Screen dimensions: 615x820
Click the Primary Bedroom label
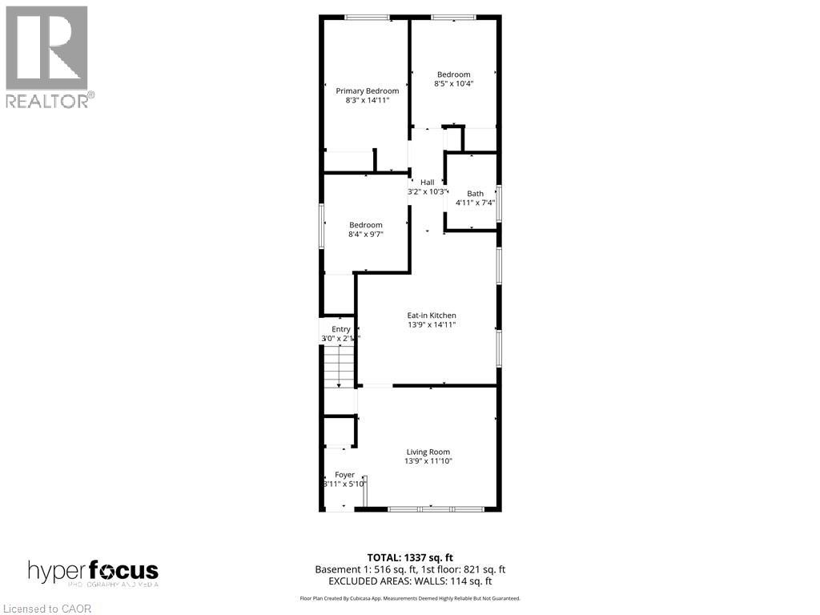(x=367, y=90)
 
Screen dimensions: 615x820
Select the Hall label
(x=427, y=182)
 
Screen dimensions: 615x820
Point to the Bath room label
(x=476, y=193)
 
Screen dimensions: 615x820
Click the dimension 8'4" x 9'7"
(x=365, y=235)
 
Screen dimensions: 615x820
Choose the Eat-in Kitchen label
(x=432, y=316)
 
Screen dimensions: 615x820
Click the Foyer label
(x=344, y=475)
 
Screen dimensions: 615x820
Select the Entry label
(x=341, y=329)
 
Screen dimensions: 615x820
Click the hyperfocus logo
(x=93, y=573)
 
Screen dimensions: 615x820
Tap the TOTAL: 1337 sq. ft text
(x=410, y=557)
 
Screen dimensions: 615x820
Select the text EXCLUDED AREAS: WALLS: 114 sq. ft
(x=410, y=581)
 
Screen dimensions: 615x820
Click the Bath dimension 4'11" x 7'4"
(x=476, y=203)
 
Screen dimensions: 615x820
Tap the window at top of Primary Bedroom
(x=368, y=18)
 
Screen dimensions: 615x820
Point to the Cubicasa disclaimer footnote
(x=410, y=598)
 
